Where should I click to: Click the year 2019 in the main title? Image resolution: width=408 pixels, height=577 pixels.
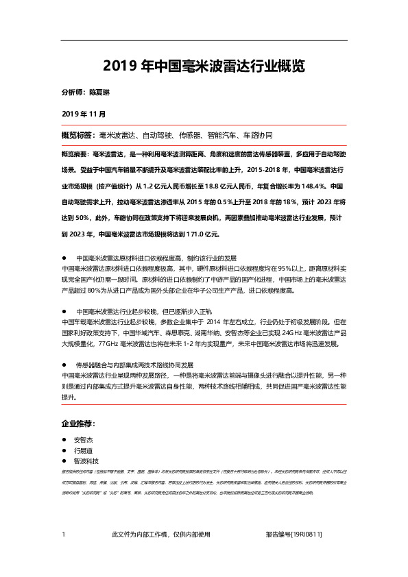(x=119, y=66)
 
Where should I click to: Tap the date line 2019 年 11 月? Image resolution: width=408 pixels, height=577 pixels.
(x=84, y=112)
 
